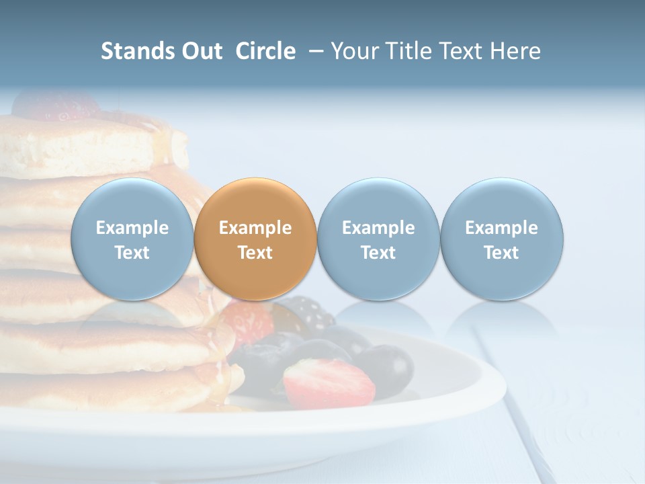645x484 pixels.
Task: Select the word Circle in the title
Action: pyautogui.click(x=265, y=51)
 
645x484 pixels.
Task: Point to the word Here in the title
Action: pyautogui.click(x=515, y=51)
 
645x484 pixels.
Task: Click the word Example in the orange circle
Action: pyautogui.click(x=255, y=228)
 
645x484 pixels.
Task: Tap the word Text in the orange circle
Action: pyautogui.click(x=255, y=253)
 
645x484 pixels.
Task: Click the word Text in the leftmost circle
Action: pyautogui.click(x=132, y=253)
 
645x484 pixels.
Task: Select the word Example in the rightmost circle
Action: pyautogui.click(x=501, y=228)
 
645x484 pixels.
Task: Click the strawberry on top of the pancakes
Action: pyautogui.click(x=57, y=105)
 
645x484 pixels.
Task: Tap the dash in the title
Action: pyautogui.click(x=313, y=51)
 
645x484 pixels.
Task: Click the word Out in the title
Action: pyautogui.click(x=202, y=51)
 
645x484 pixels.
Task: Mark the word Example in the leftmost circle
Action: pyautogui.click(x=132, y=228)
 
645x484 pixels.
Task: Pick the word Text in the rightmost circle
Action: pyautogui.click(x=501, y=253)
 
